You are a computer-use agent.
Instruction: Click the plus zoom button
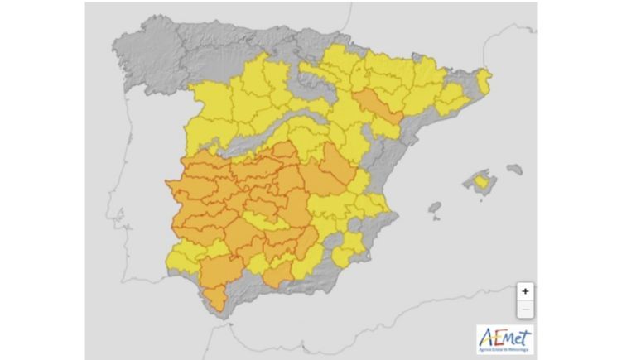[x=525, y=291]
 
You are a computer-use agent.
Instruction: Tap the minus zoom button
[x=525, y=310]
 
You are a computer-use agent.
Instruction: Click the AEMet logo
[x=505, y=339]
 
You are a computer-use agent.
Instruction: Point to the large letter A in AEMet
[x=485, y=336]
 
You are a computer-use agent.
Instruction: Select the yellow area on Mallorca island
[x=479, y=180]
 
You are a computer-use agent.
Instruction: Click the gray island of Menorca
[x=515, y=169]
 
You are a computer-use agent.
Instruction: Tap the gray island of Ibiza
[x=434, y=207]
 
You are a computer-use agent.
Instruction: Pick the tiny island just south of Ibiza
[x=437, y=218]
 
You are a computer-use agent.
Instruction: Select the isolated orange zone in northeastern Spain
[x=375, y=106]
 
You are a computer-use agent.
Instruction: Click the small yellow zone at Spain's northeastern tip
[x=484, y=80]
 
